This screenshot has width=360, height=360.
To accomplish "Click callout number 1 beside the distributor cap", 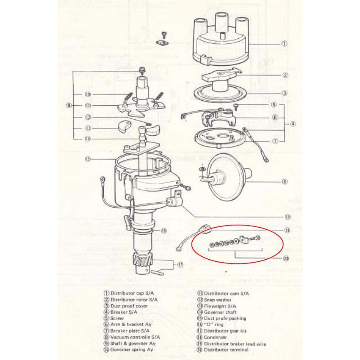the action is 284,43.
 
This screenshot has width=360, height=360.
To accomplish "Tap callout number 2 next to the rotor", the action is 285,75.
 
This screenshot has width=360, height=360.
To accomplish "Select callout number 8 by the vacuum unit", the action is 284,181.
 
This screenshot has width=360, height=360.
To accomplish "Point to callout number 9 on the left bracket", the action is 69,105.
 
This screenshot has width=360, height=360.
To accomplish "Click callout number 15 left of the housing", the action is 88,159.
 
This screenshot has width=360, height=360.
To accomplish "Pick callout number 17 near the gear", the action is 180,264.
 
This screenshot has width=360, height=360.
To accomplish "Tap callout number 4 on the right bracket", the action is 293,124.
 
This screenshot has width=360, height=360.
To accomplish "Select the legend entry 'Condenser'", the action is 215,338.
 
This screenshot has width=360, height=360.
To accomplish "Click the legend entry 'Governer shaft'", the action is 220,312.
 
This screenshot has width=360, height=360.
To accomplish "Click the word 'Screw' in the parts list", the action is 117,318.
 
